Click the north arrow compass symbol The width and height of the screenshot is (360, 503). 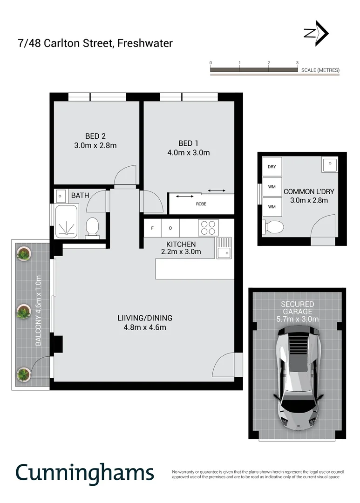coord(317,33)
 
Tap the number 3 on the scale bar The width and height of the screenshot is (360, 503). coord(297,62)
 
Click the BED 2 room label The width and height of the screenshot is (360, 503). coord(95,136)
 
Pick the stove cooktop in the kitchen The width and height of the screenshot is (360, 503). coord(208,227)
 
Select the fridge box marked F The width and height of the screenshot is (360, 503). coord(152,228)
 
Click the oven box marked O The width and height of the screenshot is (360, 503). coord(170,228)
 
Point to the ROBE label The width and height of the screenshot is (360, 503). coord(201,204)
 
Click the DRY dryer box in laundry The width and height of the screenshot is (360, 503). coord(271,167)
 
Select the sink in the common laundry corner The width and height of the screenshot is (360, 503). coord(330,164)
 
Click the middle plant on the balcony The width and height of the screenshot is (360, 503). coord(23,312)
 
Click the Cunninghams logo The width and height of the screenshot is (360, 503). coord(84,472)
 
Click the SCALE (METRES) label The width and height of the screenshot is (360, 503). coord(320,70)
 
